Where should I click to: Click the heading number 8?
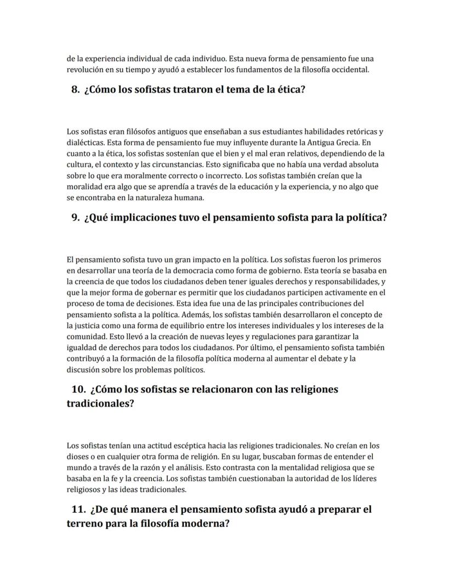(x=76, y=89)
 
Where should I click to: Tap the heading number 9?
(x=76, y=217)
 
